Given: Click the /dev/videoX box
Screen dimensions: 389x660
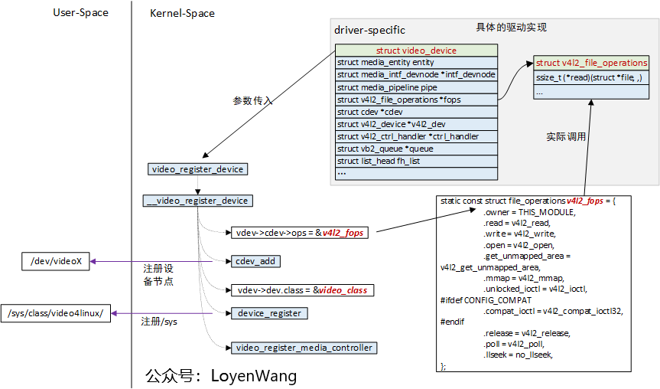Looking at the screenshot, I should pyautogui.click(x=56, y=262).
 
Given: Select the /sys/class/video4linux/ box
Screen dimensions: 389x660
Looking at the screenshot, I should pyautogui.click(x=59, y=314).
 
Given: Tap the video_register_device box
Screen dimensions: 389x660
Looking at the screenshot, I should pyautogui.click(x=198, y=168).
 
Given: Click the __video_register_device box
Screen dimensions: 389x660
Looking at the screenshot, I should pyautogui.click(x=198, y=201).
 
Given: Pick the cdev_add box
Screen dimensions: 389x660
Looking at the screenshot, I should pyautogui.click(x=256, y=261).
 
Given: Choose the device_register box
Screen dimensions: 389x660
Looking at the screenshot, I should pyautogui.click(x=269, y=313).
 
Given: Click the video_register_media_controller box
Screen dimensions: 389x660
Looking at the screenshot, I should pyautogui.click(x=304, y=348).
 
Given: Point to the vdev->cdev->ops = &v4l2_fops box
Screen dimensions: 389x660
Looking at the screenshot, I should pyautogui.click(x=299, y=232).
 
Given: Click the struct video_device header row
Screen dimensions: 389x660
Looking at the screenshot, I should pyautogui.click(x=416, y=51).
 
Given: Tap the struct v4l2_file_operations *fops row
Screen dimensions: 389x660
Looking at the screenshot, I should pyautogui.click(x=416, y=100).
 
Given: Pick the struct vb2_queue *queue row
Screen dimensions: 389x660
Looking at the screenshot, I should pyautogui.click(x=416, y=149).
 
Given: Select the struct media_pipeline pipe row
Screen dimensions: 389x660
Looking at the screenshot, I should pyautogui.click(x=416, y=87).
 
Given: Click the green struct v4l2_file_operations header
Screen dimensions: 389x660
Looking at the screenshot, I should pyautogui.click(x=591, y=63).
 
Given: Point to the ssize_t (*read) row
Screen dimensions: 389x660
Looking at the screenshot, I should pyautogui.click(x=591, y=77).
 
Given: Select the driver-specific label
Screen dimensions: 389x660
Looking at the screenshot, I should pyautogui.click(x=369, y=30).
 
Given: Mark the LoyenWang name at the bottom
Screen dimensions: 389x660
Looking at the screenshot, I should pyautogui.click(x=253, y=376).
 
